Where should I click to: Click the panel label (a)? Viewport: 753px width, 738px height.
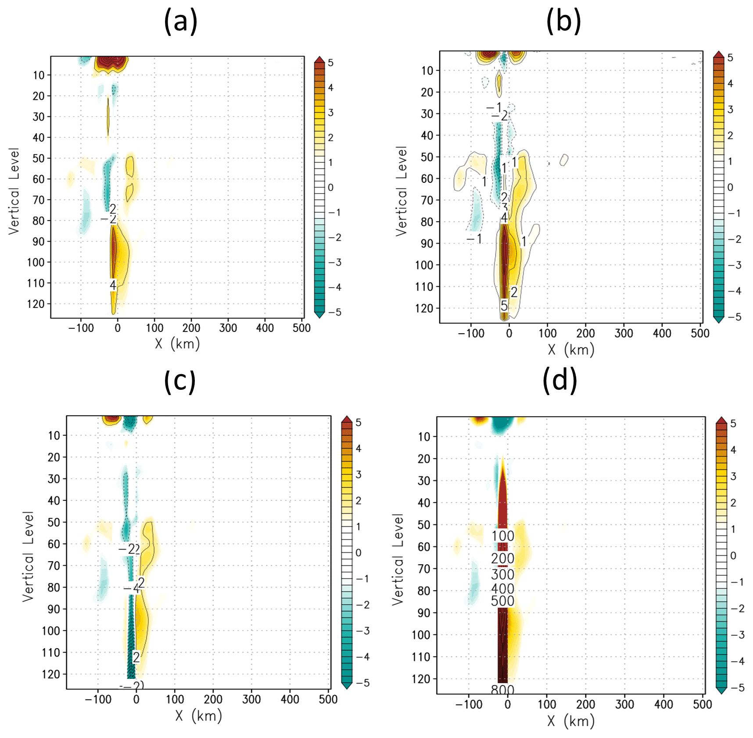click(180, 21)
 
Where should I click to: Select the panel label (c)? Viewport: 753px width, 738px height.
click(179, 381)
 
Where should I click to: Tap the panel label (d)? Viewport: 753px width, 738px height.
click(559, 380)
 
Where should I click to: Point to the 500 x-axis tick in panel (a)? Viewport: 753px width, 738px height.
click(301, 328)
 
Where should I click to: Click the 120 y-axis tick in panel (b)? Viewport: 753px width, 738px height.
click(424, 308)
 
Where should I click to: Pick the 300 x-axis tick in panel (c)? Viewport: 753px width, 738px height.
click(251, 699)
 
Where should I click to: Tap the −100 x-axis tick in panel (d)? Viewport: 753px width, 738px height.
click(468, 704)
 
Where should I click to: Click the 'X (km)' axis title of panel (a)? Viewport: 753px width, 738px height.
click(177, 343)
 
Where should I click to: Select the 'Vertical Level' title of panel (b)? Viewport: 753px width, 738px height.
click(402, 191)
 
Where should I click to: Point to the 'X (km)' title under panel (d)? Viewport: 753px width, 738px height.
click(571, 721)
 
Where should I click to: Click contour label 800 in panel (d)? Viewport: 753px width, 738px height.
click(502, 690)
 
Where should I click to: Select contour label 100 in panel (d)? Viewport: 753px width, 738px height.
click(502, 536)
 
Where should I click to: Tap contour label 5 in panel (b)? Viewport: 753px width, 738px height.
click(504, 305)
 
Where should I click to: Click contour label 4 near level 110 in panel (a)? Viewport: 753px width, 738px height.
click(113, 285)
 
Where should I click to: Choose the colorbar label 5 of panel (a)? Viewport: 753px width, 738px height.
click(330, 63)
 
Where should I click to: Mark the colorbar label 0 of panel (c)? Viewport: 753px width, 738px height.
click(359, 553)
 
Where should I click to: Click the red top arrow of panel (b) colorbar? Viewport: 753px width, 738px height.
click(718, 54)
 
